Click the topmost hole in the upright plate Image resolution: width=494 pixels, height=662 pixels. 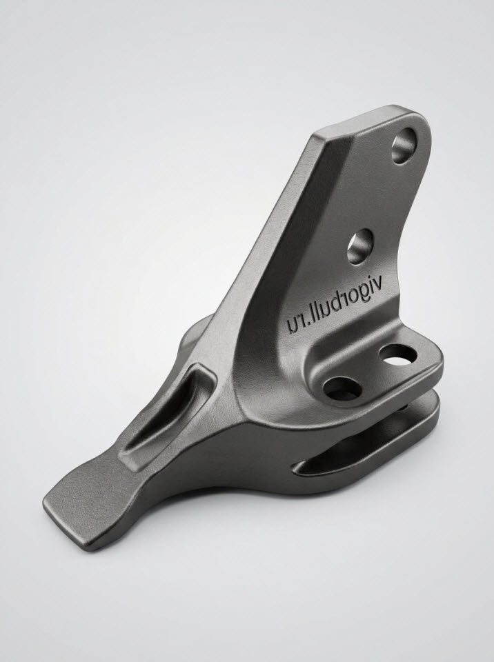coord(404,146)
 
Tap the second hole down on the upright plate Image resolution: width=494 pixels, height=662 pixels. coord(360,247)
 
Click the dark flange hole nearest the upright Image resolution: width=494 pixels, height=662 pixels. coord(342,388)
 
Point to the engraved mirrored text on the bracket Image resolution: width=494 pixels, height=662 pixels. coord(334,307)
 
